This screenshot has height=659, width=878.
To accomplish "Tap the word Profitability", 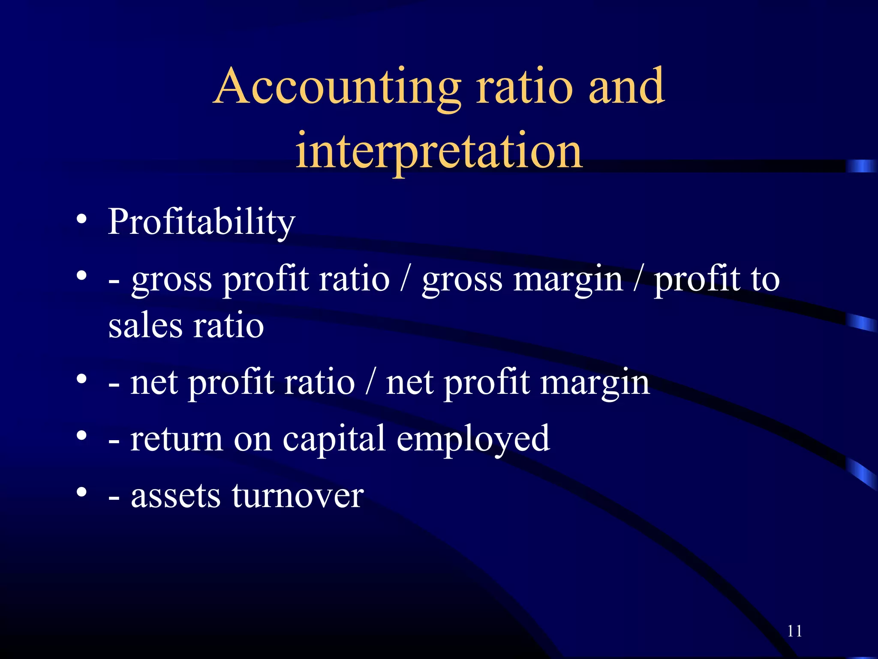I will pos(201,222).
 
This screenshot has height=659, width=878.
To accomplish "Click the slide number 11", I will pos(794,631).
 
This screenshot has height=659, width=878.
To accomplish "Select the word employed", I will pos(473,440).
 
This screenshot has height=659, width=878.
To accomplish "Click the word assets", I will pos(175,496).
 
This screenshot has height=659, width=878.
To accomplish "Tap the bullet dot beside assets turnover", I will pos(81,493).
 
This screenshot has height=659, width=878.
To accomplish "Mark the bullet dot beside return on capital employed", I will pos(81,436).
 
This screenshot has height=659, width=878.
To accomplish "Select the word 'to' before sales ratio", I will pos(765,279).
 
